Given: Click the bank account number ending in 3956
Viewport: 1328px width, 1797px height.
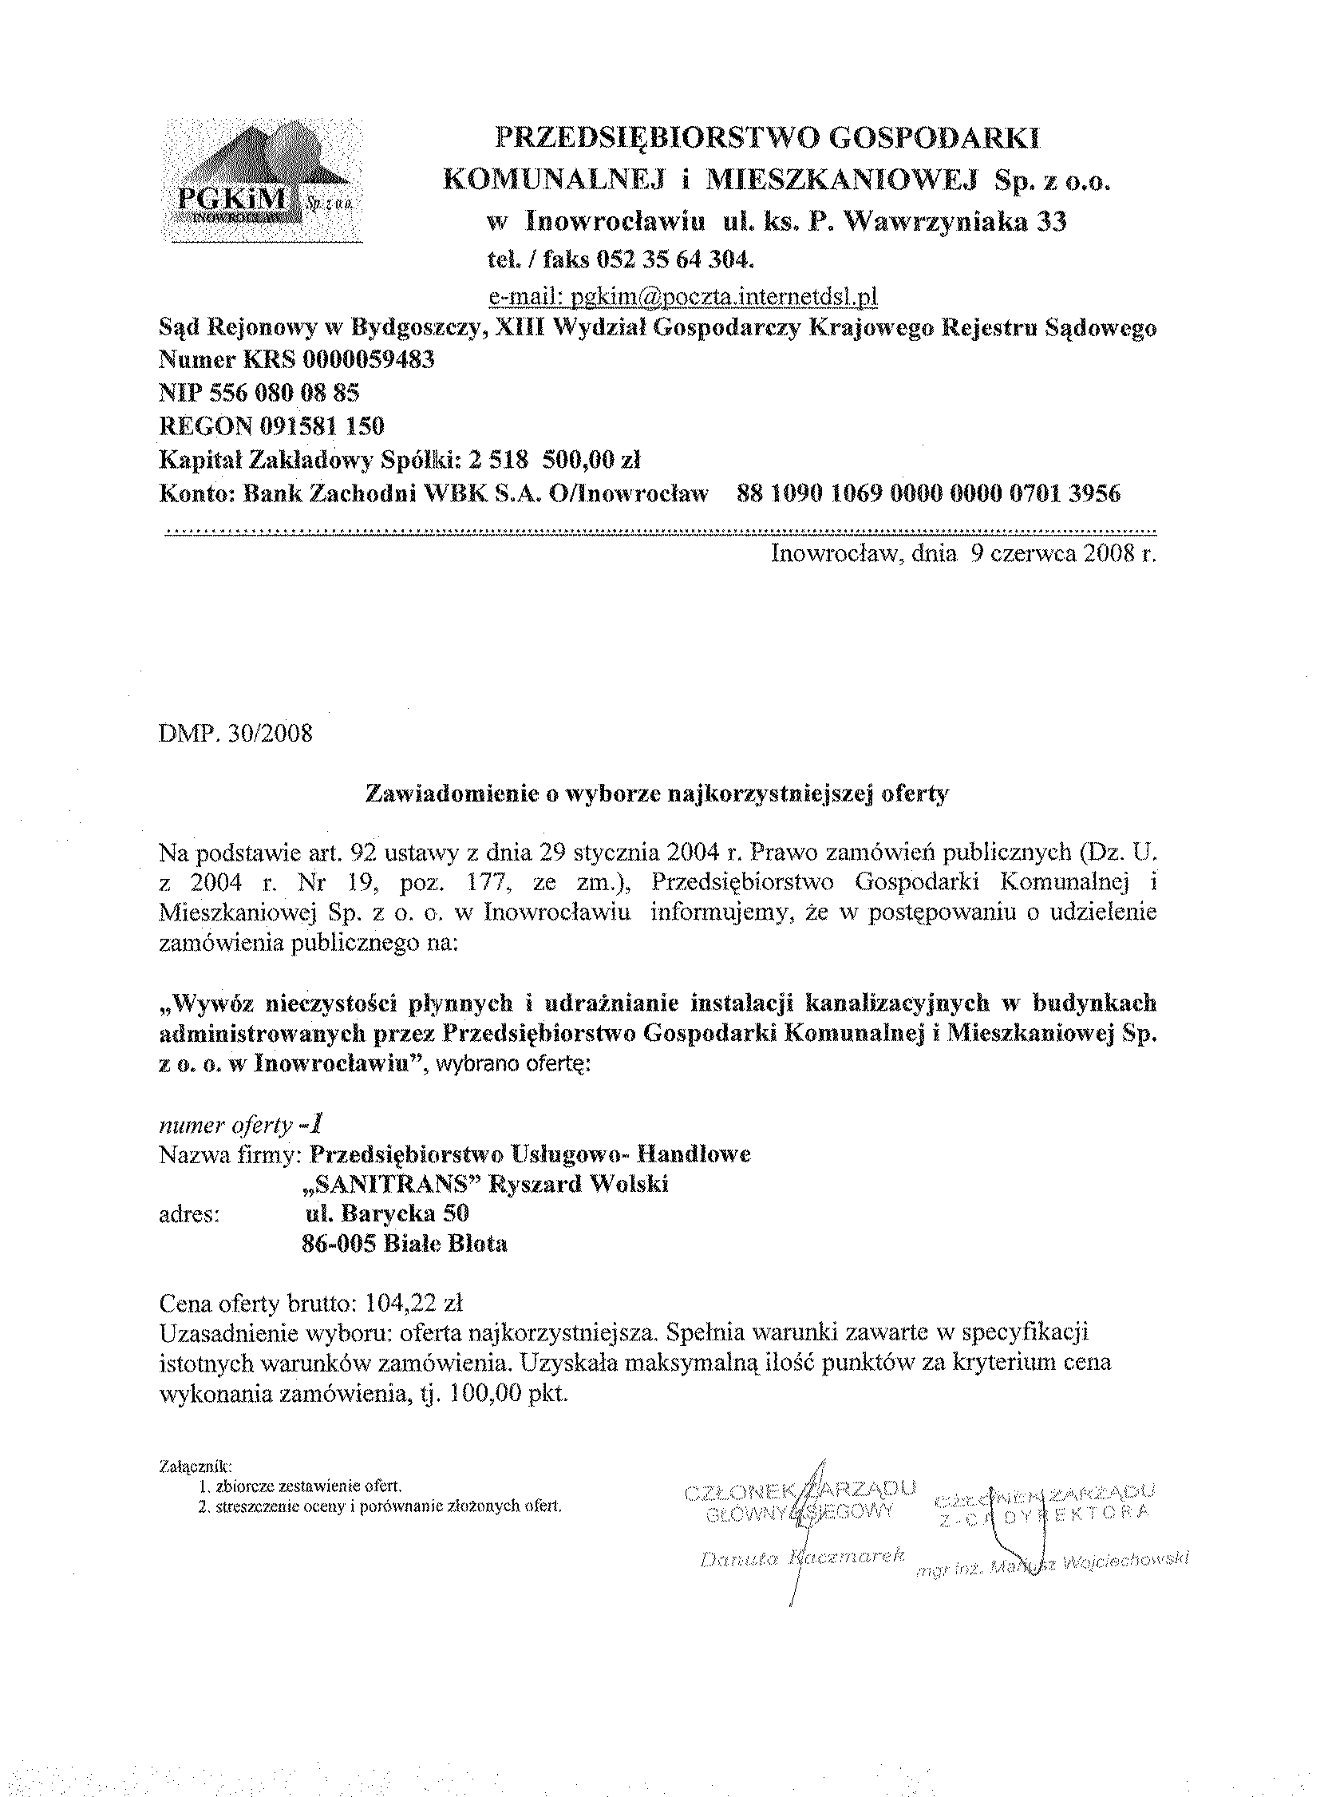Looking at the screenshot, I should click(x=928, y=493).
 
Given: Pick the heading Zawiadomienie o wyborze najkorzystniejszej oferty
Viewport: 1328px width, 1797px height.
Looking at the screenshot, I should click(x=657, y=794).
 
